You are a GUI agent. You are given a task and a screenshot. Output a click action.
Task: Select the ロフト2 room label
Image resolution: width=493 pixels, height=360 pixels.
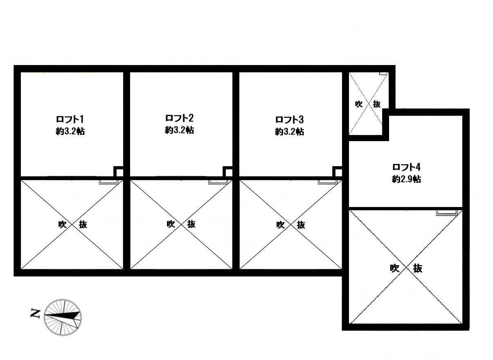coord(179,118)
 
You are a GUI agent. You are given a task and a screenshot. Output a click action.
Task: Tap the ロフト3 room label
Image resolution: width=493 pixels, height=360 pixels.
coord(289,119)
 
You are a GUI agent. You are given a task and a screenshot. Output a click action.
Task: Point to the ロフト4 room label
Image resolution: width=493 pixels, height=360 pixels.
coord(406,167)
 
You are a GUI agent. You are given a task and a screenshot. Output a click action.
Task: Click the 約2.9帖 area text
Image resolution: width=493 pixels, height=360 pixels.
coord(406,179)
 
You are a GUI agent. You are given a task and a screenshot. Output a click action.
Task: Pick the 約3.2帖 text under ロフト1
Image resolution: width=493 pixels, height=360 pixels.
coord(70,131)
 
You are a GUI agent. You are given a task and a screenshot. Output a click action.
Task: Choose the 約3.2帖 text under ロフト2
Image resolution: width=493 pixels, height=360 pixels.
coord(179,130)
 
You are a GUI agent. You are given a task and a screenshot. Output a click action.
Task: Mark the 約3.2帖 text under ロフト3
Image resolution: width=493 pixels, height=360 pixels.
coord(289,132)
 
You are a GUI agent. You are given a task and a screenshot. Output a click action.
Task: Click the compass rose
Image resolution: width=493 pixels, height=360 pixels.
coord(63,317)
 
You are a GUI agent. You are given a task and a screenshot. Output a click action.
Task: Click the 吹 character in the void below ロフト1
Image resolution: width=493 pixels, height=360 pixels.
coord(62,224)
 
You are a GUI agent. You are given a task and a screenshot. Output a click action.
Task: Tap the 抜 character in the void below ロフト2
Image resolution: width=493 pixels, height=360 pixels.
coord(191,224)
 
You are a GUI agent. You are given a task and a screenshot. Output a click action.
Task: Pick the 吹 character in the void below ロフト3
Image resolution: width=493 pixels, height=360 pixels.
coord(280,225)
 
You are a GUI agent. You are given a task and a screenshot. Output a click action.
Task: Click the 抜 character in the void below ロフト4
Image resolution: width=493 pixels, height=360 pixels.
coord(417,268)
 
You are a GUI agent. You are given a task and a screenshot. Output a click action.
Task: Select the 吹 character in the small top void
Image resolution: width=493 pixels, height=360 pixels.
coord(359,104)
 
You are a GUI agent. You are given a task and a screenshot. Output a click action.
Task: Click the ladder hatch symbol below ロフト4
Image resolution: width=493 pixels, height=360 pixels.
coord(447,213)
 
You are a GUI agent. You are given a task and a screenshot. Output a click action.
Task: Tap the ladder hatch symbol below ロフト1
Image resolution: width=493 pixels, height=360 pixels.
coord(109,182)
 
